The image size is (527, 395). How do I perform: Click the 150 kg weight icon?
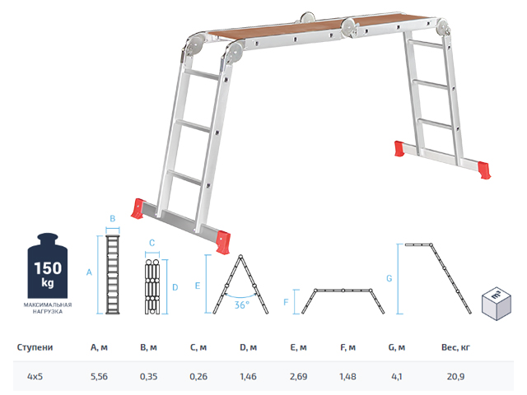[48, 265]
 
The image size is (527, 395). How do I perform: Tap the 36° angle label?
[242, 305]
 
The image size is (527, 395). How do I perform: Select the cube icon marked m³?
[497, 304]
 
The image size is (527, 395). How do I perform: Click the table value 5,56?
[99, 376]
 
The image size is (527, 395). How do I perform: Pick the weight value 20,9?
[455, 376]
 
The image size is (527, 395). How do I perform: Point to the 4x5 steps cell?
[35, 376]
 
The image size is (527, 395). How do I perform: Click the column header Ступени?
[35, 347]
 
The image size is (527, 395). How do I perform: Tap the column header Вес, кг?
[455, 347]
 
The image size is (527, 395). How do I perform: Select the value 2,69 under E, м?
[298, 376]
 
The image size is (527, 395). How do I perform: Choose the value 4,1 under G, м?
[397, 376]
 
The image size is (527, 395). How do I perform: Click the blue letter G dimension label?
[389, 278]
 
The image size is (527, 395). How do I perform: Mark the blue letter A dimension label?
[89, 272]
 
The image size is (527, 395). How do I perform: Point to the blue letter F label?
[286, 302]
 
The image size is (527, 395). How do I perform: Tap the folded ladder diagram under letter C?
[152, 286]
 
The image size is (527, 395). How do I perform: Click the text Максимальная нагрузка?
[48, 308]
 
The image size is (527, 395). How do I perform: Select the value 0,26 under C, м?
[198, 376]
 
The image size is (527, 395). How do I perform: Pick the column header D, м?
[249, 347]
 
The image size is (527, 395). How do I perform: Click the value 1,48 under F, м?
[347, 376]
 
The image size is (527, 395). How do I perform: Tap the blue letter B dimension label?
[113, 219]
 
